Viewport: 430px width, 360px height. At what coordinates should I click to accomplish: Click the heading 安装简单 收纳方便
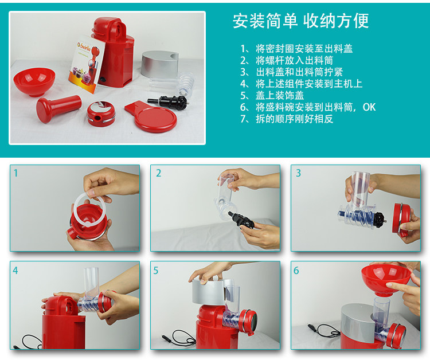coord(300,21)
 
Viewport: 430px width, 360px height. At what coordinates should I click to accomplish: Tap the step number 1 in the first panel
coord(15,173)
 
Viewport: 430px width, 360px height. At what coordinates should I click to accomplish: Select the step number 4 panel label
coord(15,271)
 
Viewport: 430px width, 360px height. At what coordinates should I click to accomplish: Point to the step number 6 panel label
coord(296,271)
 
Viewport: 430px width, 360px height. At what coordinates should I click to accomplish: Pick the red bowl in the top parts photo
coord(34,82)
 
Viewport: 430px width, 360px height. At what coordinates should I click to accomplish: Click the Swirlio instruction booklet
coord(86,64)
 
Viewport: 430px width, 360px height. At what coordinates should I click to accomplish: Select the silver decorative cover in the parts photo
coord(159,64)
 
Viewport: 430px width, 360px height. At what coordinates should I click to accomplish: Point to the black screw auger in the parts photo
coord(168,101)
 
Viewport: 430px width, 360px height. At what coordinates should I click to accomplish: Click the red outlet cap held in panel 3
coord(402,220)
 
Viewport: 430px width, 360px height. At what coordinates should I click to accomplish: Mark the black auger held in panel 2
coord(241,220)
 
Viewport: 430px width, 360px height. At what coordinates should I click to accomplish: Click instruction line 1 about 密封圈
coord(296,49)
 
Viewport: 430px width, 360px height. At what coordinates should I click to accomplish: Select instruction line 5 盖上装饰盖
coord(272,95)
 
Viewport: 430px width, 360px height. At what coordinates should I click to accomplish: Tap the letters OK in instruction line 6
coord(369,107)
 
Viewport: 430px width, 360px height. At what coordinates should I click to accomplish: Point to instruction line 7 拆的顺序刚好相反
coord(287,119)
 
